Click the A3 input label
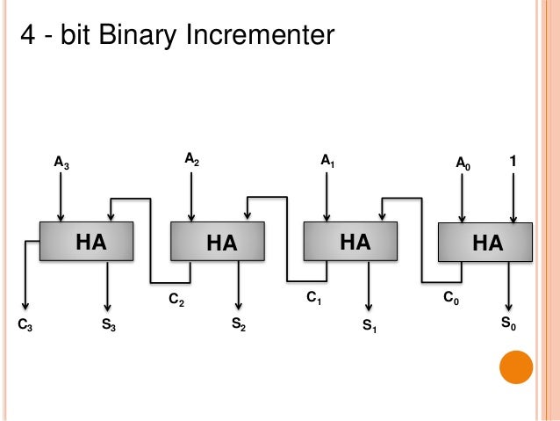61,162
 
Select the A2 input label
191,158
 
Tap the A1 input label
327,161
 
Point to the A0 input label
463,163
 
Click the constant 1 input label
513,162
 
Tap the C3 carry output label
25,325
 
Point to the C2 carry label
176,302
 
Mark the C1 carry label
313,300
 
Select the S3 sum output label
109,325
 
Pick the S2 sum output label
238,325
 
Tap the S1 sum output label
370,326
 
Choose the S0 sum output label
508,323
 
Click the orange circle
516,368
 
